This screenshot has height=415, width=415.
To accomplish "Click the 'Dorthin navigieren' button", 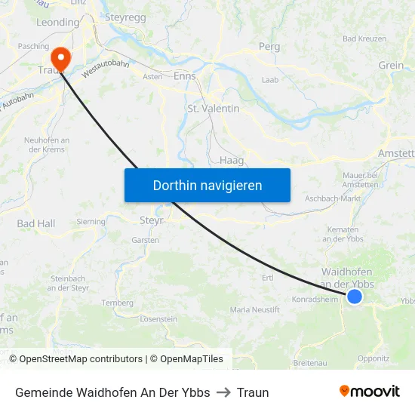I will [x=207, y=185].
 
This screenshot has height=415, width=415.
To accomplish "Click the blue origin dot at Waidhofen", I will [x=354, y=297].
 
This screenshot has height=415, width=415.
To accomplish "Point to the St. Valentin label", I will [x=213, y=109].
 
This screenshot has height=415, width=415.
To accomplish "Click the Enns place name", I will [x=185, y=76].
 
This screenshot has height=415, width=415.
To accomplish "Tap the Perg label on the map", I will [x=269, y=47].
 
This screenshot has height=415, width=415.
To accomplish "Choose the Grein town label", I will [x=391, y=65].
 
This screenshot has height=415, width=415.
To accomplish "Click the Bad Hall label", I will [x=36, y=223].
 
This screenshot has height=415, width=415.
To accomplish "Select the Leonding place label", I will [x=57, y=23].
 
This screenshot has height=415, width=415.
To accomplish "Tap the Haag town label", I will [x=231, y=160].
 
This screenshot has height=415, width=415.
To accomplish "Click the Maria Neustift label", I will [x=254, y=309].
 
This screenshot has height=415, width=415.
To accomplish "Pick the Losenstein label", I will [x=158, y=319].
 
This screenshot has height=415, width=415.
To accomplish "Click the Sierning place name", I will [x=91, y=223].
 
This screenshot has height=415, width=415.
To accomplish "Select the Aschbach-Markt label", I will [x=333, y=198].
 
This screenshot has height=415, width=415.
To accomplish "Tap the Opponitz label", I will [x=373, y=358].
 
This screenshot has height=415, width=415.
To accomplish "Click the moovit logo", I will [x=369, y=392].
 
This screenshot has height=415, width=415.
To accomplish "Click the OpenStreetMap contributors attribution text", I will [x=81, y=359].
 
